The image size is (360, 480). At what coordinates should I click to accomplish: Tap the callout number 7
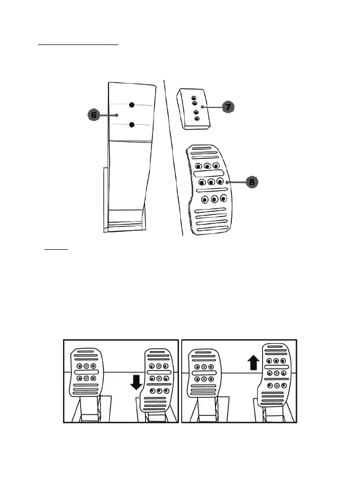[x=228, y=107]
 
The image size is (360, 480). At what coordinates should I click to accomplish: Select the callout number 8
[x=251, y=182]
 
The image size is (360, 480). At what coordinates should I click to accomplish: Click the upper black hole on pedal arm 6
[x=132, y=105]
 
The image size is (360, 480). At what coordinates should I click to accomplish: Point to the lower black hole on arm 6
[x=132, y=125]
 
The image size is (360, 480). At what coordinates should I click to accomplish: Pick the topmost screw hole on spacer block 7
[x=193, y=98]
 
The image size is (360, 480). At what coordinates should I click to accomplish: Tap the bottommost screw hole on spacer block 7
[x=197, y=119]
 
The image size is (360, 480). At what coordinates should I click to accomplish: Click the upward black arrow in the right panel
[x=254, y=363]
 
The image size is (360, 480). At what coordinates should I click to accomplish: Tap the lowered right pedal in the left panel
[x=157, y=381]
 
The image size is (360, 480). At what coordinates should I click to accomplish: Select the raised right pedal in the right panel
[x=274, y=373]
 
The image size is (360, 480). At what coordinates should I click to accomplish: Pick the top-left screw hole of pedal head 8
[x=198, y=166]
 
